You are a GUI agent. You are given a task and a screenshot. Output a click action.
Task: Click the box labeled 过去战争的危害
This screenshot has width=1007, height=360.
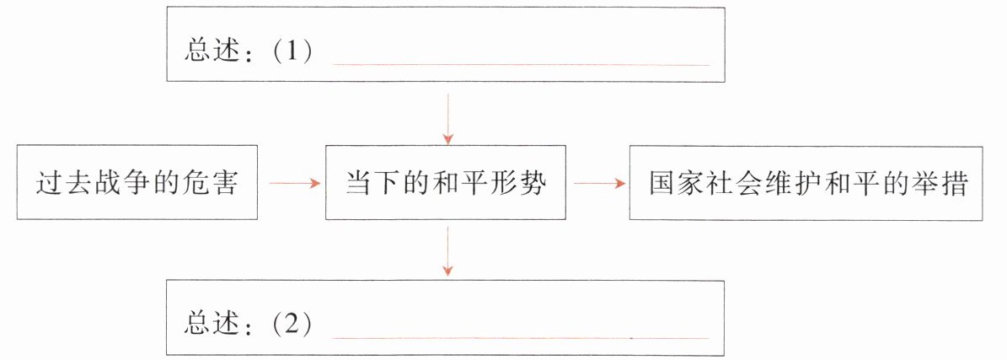tap(137, 183)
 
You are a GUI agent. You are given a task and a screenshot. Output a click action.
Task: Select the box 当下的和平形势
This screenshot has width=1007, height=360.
tap(446, 183)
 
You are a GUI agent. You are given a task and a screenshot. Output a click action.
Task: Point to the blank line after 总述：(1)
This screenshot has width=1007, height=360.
tap(522, 64)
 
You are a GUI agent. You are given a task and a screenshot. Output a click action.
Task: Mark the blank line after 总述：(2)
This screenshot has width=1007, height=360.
tap(522, 337)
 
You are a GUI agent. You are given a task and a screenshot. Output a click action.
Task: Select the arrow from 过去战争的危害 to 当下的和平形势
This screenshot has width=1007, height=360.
tap(292, 183)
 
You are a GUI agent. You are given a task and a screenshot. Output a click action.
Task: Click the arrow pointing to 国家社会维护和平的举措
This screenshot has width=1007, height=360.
tap(597, 183)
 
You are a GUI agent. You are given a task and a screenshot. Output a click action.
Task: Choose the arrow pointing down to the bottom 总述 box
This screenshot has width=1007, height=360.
tap(447, 251)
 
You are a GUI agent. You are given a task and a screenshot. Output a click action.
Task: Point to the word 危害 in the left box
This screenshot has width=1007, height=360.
tap(214, 183)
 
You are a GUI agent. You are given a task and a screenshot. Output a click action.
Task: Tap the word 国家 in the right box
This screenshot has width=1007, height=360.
tap(672, 183)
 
